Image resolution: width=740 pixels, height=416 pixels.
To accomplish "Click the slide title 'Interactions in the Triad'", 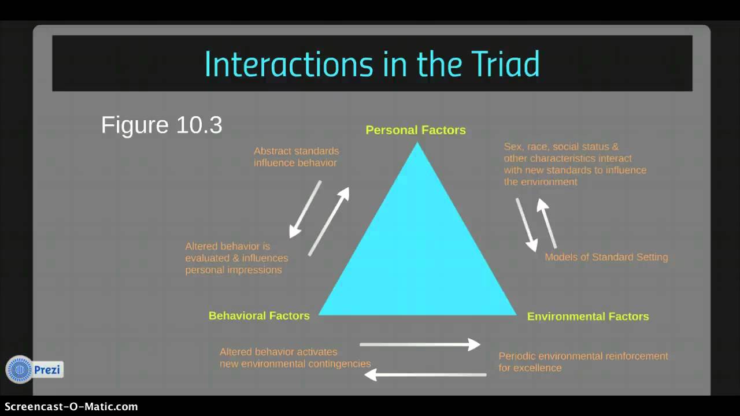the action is (372, 64).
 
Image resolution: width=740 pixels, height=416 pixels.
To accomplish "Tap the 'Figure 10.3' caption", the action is (161, 125).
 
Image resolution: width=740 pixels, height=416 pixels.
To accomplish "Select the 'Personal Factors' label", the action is (416, 130).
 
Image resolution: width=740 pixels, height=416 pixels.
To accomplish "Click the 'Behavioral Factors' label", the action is (259, 315).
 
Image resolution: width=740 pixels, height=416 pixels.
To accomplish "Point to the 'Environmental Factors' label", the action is (588, 316).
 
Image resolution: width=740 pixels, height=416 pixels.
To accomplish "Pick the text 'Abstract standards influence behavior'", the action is (296, 157).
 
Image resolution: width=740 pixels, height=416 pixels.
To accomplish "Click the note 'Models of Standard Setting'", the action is (606, 257).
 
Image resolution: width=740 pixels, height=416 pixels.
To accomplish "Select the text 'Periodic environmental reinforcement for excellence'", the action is (583, 362).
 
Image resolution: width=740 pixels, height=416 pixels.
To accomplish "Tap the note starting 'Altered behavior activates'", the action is (295, 358).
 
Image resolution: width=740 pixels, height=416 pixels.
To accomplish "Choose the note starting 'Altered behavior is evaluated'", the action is (236, 258).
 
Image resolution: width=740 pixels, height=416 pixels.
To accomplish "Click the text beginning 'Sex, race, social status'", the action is (575, 164).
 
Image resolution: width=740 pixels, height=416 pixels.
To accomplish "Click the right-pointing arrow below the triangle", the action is (420, 344).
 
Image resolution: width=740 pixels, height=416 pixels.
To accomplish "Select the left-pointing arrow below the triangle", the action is (425, 375).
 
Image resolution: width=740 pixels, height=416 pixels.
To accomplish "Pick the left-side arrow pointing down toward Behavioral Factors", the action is (305, 209).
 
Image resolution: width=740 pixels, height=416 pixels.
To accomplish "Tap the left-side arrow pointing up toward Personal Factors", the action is (329, 221).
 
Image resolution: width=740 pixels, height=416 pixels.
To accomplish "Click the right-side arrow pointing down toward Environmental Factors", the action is (526, 225).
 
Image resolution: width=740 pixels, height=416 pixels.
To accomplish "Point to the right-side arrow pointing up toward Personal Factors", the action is (547, 223).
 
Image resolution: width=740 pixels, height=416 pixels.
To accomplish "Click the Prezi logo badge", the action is (34, 370).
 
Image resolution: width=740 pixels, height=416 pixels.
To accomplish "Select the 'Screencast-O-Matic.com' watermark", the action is (69, 407).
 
